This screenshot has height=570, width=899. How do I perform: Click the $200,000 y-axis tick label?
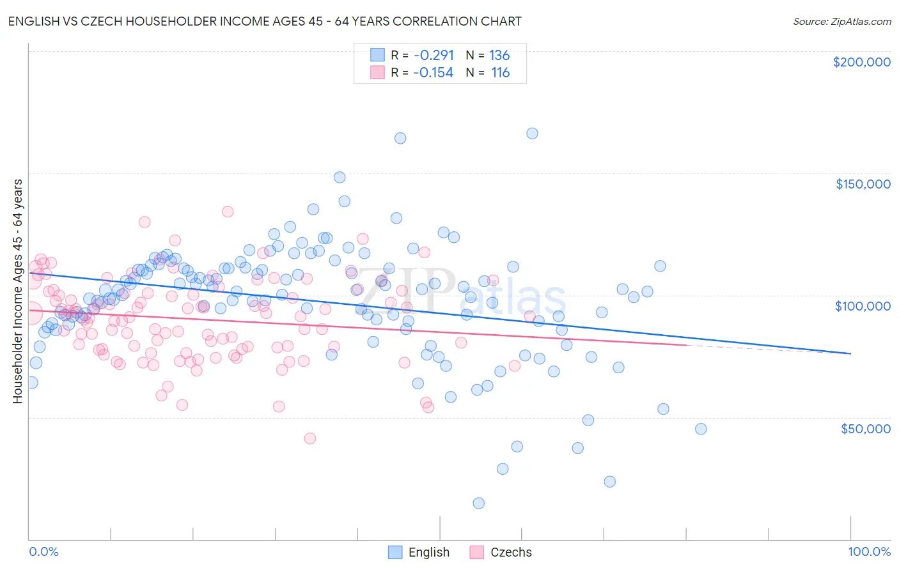click(x=861, y=62)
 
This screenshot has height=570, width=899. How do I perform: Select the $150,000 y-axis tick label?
click(x=863, y=184)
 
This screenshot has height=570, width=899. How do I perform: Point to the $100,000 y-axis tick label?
click(x=863, y=306)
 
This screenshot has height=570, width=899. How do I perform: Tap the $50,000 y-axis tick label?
click(x=865, y=428)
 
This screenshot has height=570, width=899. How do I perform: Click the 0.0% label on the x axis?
click(x=43, y=551)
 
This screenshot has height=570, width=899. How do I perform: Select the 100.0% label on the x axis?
click(x=869, y=551)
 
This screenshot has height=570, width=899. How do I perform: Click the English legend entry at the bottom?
click(x=419, y=552)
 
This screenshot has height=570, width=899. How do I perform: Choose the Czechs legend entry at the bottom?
click(x=501, y=552)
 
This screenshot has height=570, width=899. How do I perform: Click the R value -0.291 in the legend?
click(x=434, y=55)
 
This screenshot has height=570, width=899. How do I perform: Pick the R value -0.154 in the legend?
click(x=434, y=72)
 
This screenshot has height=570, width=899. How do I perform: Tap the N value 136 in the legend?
click(x=499, y=55)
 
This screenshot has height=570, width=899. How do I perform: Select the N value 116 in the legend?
click(x=500, y=72)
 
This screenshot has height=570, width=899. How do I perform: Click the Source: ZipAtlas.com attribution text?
click(x=841, y=21)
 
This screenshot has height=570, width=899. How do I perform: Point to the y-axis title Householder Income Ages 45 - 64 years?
click(x=17, y=291)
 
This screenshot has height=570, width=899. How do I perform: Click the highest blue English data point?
click(x=532, y=134)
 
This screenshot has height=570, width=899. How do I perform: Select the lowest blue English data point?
click(x=478, y=503)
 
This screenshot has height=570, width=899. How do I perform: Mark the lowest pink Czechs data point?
click(x=309, y=438)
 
